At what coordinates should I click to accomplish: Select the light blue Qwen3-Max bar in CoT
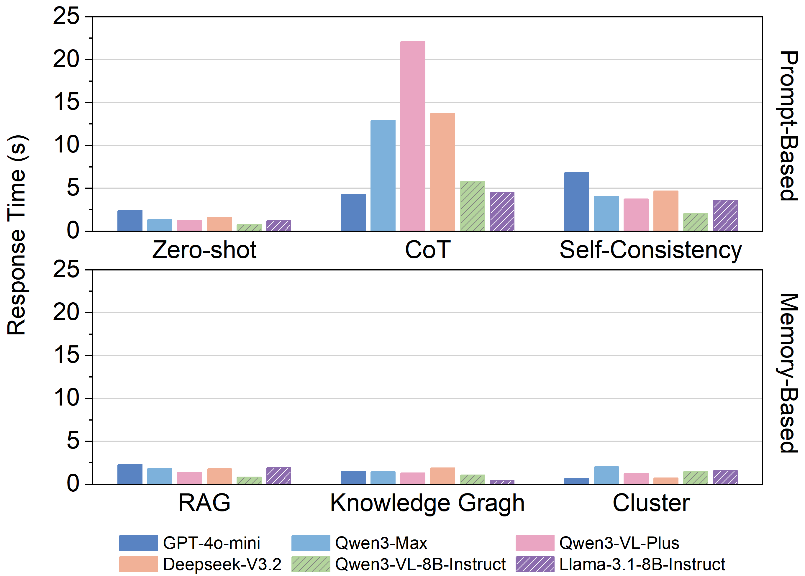point(383,175)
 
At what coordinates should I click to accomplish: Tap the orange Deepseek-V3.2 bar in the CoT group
point(442,172)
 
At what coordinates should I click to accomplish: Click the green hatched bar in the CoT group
point(472,206)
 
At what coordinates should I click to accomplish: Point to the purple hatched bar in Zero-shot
point(278,226)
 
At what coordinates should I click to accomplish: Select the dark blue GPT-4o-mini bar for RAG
point(130,474)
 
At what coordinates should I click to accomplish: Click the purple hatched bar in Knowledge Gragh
point(502,482)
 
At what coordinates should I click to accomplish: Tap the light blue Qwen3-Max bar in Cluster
point(606,475)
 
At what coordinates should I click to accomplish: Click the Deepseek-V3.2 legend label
point(222,564)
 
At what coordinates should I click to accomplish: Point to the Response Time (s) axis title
point(17,235)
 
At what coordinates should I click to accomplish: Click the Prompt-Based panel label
point(788,126)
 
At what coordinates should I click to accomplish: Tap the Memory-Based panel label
point(788,373)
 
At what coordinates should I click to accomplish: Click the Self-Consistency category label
point(650,250)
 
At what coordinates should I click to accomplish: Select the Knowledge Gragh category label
point(427,503)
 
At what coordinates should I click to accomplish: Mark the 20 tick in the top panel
point(66,60)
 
